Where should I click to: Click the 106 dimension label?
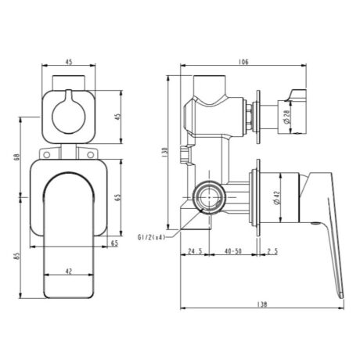243,62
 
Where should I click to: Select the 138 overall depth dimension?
262,304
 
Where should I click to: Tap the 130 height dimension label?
164,153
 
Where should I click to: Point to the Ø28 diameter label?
286,117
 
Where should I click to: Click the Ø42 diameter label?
276,197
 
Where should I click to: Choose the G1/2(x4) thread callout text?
151,237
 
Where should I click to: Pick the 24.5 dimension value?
195,251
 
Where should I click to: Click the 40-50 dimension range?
232,251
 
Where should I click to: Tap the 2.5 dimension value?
272,251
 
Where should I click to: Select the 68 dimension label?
17,157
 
